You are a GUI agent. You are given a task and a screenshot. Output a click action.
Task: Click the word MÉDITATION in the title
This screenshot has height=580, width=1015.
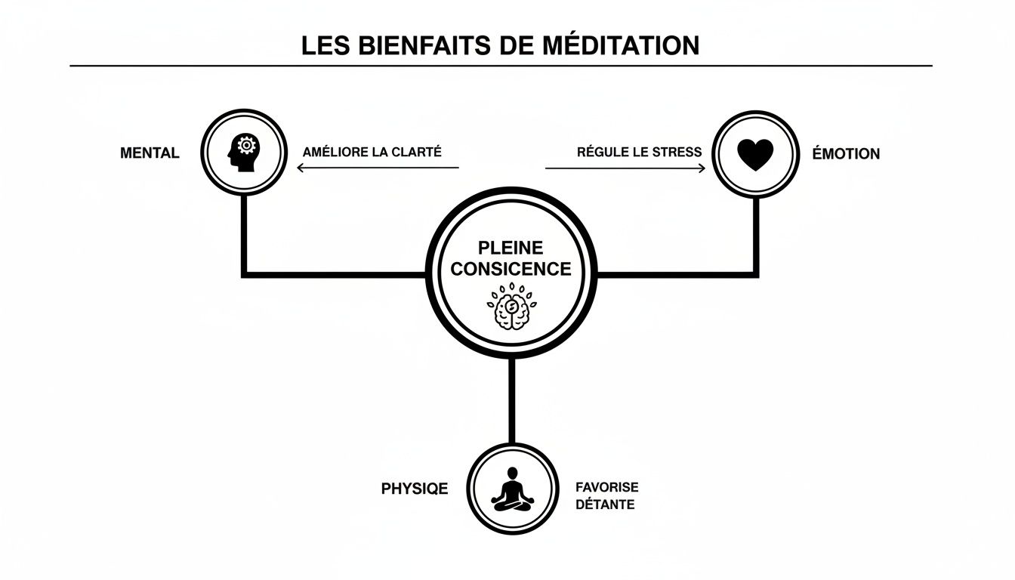click(x=621, y=45)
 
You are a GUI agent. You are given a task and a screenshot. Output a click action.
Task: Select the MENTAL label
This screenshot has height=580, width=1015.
click(x=150, y=153)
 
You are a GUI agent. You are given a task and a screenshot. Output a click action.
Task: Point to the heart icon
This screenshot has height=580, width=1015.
click(x=755, y=154)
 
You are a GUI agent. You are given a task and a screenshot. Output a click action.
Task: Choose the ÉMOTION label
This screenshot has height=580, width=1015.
click(x=846, y=154)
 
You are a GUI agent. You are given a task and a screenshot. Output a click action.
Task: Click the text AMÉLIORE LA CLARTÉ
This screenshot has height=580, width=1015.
click(x=372, y=152)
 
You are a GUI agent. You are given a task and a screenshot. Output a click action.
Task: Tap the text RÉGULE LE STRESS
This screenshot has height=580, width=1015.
click(x=639, y=152)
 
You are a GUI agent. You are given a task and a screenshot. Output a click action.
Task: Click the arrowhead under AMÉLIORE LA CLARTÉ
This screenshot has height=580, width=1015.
click(x=301, y=168)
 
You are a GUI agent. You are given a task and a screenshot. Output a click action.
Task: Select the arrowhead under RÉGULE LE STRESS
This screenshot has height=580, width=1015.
click(x=702, y=168)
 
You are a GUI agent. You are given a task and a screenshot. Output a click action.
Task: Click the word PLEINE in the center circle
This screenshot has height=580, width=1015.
click(x=511, y=248)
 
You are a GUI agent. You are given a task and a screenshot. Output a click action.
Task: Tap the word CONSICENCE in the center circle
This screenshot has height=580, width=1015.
click(x=511, y=269)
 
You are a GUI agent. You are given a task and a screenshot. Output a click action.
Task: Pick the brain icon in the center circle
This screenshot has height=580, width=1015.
click(x=511, y=308)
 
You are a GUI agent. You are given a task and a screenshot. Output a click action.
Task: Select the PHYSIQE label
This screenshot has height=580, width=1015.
click(x=415, y=489)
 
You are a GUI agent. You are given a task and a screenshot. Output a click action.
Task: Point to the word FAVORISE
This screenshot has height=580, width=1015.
click(x=606, y=488)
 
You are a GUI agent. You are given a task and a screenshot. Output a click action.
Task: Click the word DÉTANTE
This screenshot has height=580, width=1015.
click(x=604, y=504)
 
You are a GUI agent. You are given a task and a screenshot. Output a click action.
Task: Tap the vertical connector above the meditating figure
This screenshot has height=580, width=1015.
click(x=512, y=400)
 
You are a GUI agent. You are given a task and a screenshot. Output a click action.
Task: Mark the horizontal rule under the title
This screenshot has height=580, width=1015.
click(x=501, y=66)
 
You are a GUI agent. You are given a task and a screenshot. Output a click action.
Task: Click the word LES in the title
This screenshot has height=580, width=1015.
click(x=322, y=45)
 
